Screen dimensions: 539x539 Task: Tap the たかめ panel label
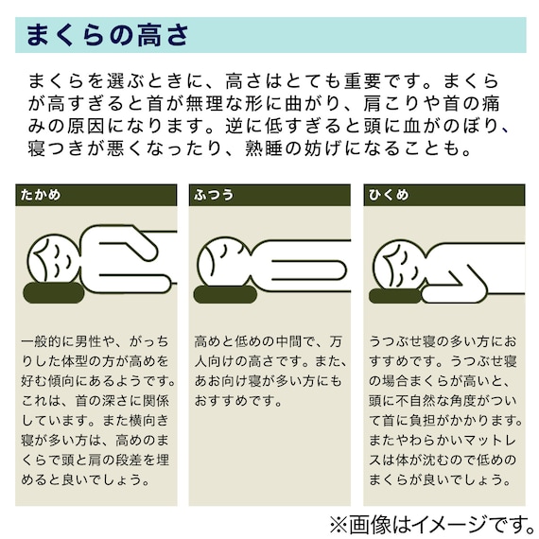(40, 195)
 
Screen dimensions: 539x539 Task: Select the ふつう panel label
(213, 195)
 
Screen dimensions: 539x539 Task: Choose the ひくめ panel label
(388, 195)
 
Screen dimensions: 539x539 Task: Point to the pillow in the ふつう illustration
(227, 294)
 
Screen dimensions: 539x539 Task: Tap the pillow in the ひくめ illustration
(395, 296)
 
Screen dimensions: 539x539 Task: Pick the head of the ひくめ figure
(398, 265)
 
